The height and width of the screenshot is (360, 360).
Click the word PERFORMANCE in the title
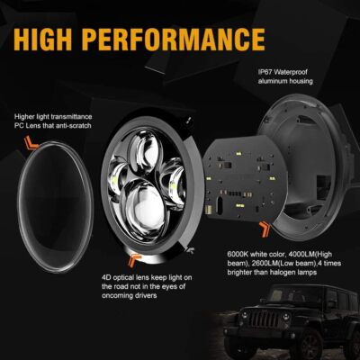pyautogui.click(x=197, y=40)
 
